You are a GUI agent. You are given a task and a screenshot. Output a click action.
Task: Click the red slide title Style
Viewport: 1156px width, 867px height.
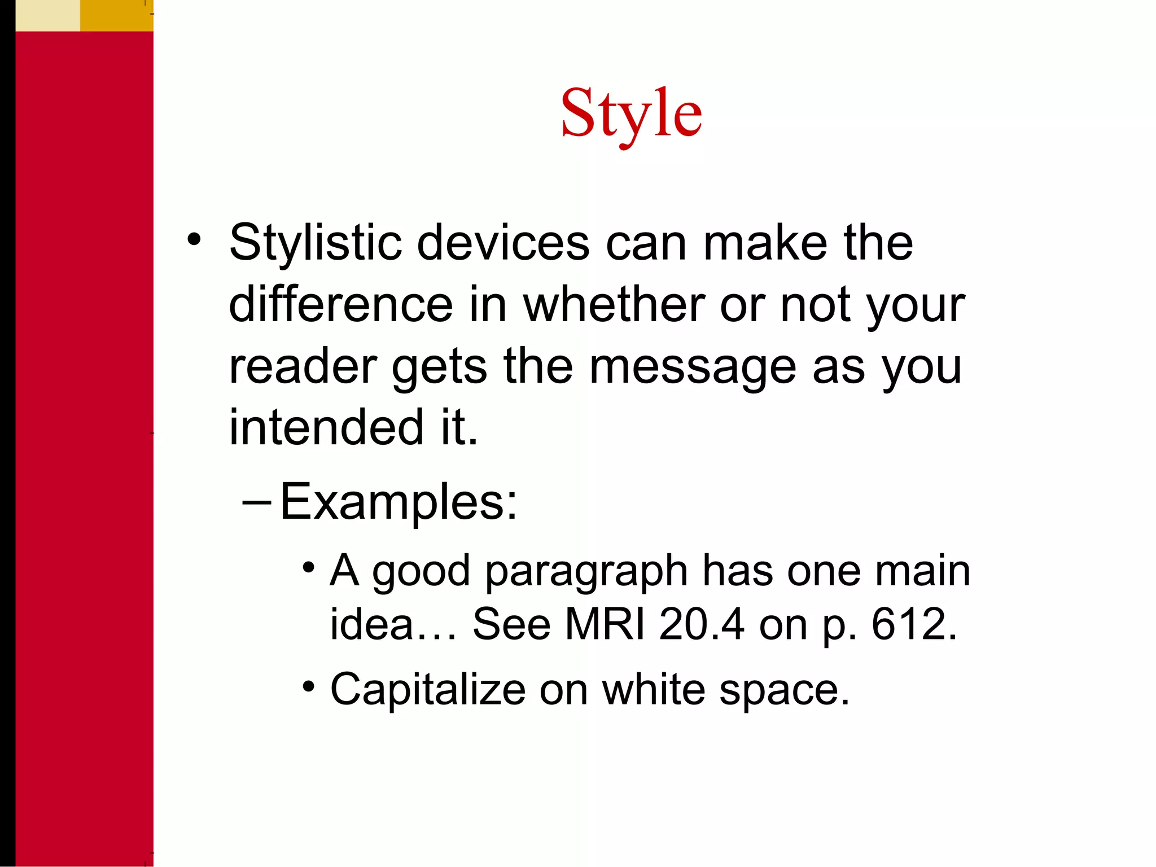[x=631, y=115]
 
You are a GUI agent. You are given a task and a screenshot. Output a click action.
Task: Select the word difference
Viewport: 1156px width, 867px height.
[x=340, y=305]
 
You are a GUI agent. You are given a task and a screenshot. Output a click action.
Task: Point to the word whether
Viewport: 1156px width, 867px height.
[x=614, y=305]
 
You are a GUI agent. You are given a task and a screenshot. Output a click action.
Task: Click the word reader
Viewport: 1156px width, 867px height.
[x=303, y=367]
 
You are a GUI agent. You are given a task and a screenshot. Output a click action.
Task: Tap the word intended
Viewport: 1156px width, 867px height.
[x=326, y=427]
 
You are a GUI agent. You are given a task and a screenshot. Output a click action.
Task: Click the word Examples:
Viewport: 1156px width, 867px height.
[x=398, y=502]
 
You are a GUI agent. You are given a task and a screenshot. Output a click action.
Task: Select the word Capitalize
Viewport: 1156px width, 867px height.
[x=427, y=689]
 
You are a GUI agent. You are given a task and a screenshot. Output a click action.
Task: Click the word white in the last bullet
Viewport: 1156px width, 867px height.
[x=653, y=689]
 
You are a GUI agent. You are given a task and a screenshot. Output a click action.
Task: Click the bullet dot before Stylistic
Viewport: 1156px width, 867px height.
[x=194, y=240]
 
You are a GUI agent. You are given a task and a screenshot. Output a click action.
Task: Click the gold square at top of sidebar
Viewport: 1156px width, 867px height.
[x=116, y=15]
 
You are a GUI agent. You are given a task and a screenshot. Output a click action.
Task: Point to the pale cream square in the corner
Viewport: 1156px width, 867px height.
[x=47, y=15]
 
